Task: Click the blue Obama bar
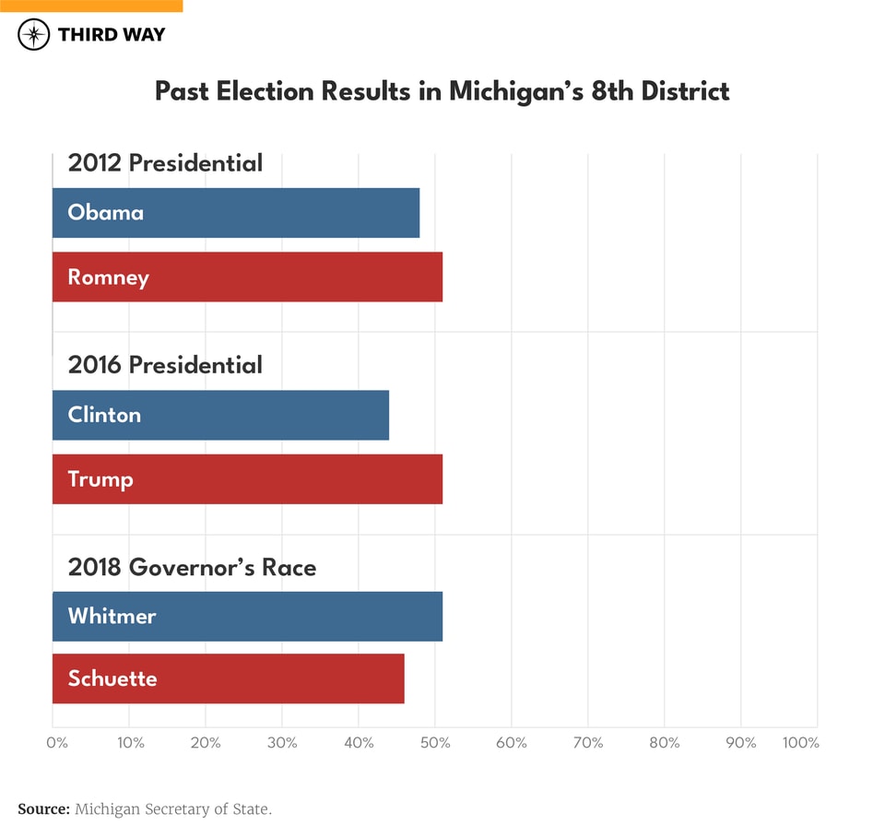tap(236, 213)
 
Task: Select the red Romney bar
tap(247, 277)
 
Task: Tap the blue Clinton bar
tap(220, 415)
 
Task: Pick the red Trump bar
tap(247, 479)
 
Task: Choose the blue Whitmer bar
tap(247, 616)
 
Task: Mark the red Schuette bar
tap(228, 678)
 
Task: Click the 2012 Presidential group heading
tap(165, 163)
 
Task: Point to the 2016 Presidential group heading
tap(165, 365)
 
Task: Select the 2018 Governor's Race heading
tap(192, 567)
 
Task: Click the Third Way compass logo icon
tap(33, 35)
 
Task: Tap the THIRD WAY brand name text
tap(111, 35)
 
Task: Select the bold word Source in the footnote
tap(42, 809)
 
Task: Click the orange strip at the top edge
tap(91, 6)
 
